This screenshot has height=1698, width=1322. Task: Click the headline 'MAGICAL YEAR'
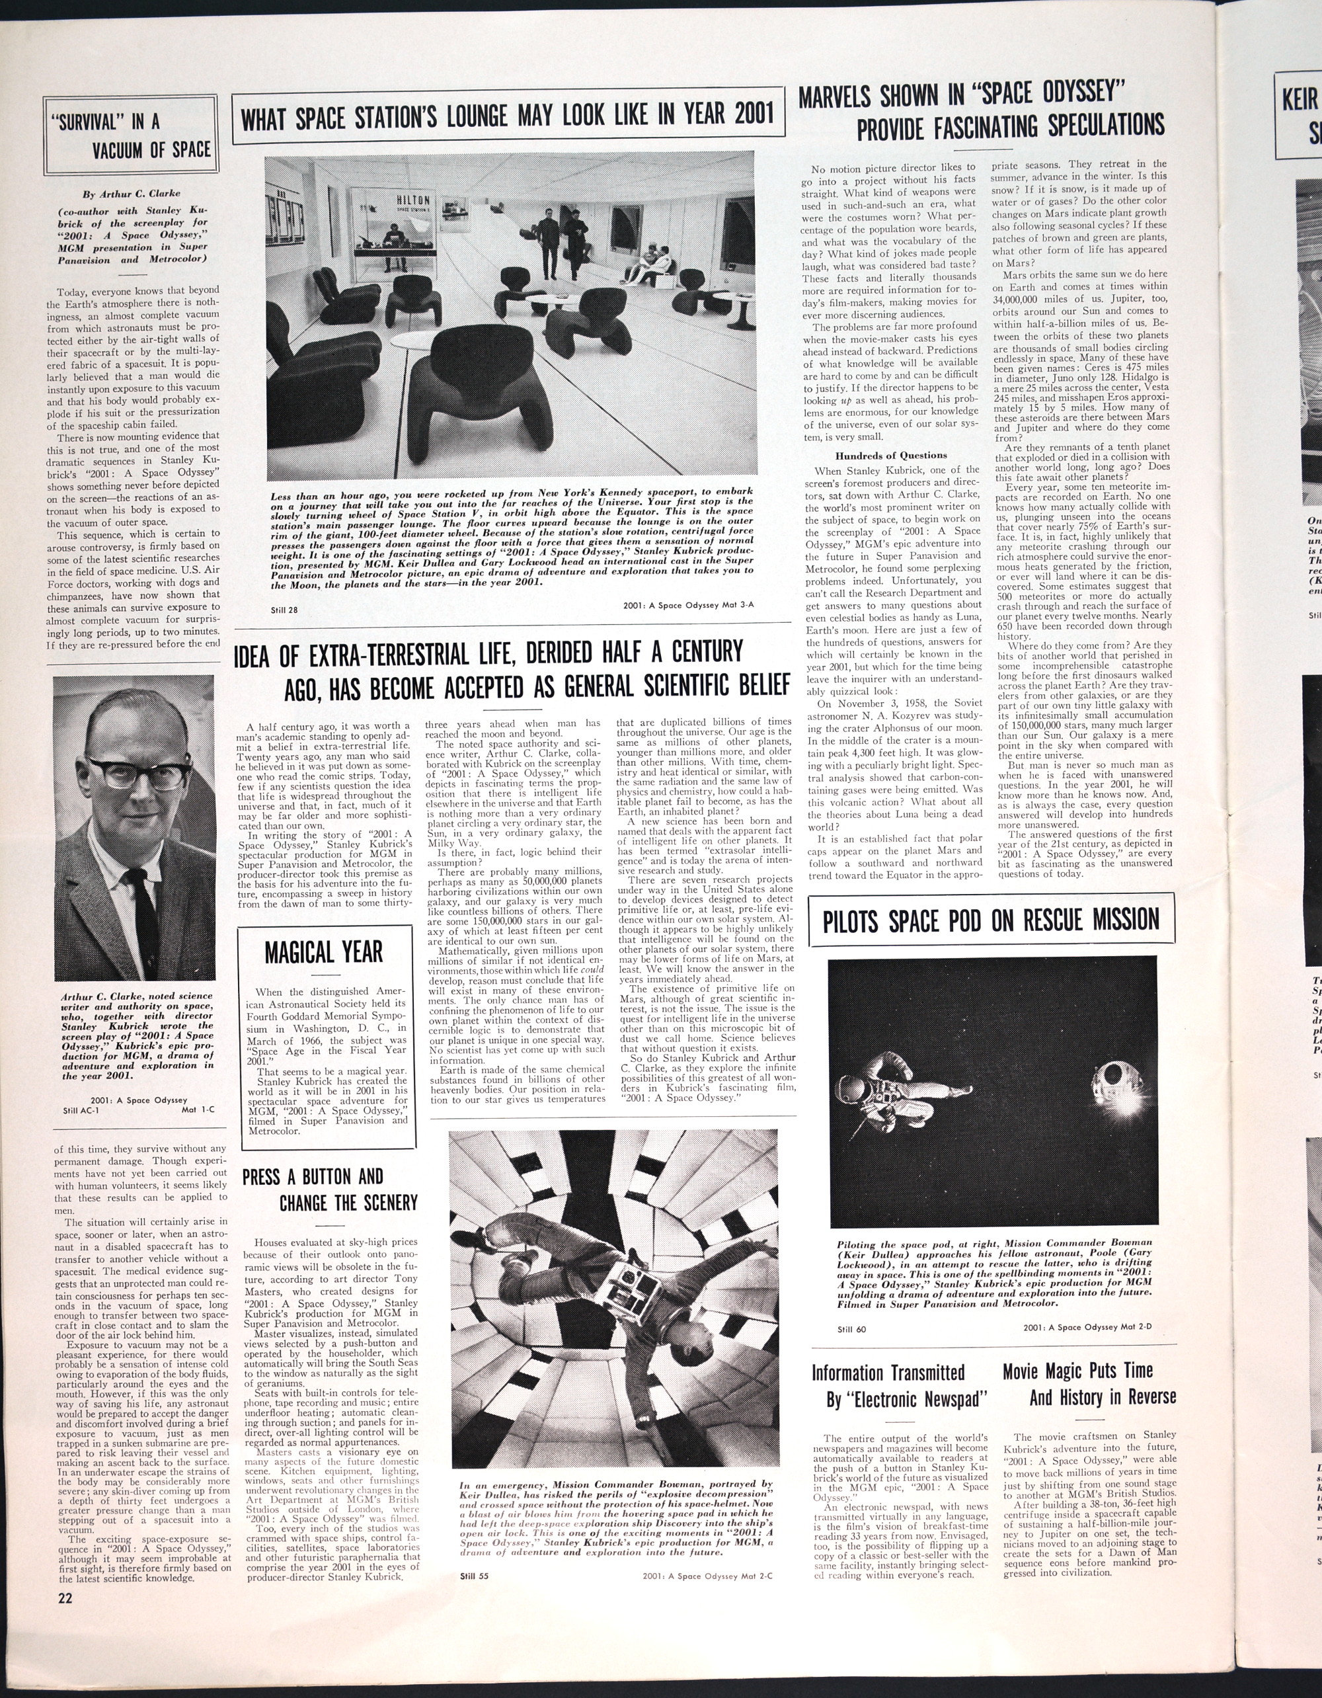(323, 951)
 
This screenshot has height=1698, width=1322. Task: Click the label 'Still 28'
(284, 610)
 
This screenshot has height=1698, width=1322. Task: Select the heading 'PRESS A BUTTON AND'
(313, 1176)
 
